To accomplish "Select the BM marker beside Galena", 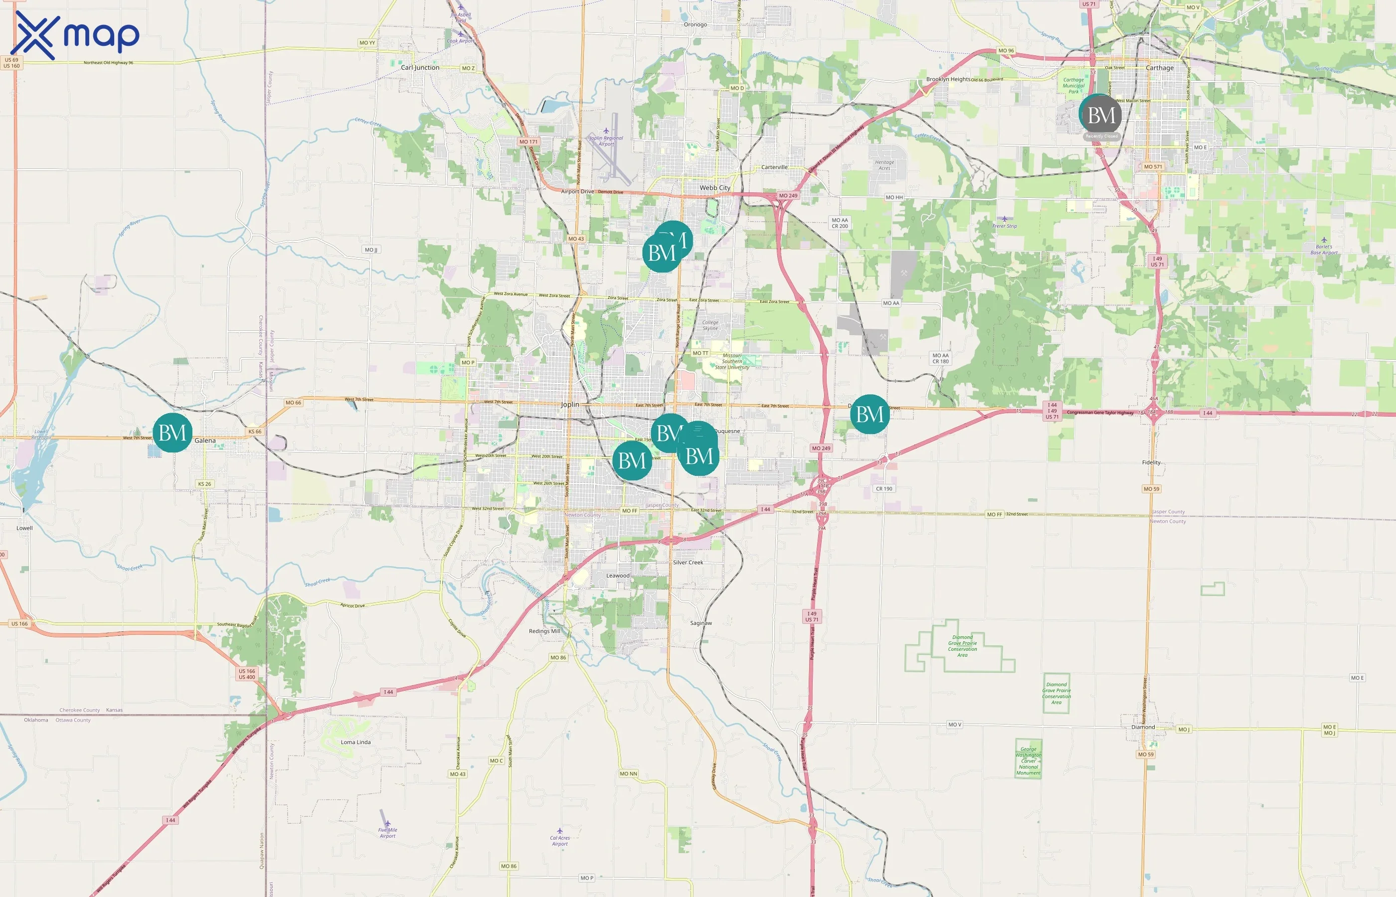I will pos(173,433).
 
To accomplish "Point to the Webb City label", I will pos(714,187).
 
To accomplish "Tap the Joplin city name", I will pos(570,404).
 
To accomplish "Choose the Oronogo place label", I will pos(695,24).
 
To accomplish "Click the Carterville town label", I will pos(774,167).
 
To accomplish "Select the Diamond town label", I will pos(1143,727).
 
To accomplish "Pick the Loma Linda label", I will pos(355,742).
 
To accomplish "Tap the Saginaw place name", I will pos(701,622).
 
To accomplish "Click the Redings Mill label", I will pos(544,631).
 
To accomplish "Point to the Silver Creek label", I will pos(688,562).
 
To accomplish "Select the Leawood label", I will pos(618,576).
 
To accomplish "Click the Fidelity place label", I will pos(1151,462).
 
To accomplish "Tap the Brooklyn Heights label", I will pos(948,79).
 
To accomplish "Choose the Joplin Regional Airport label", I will pos(606,141).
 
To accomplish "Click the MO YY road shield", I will pos(367,42).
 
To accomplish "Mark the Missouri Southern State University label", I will pos(732,361).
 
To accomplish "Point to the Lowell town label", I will pos(24,528).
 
